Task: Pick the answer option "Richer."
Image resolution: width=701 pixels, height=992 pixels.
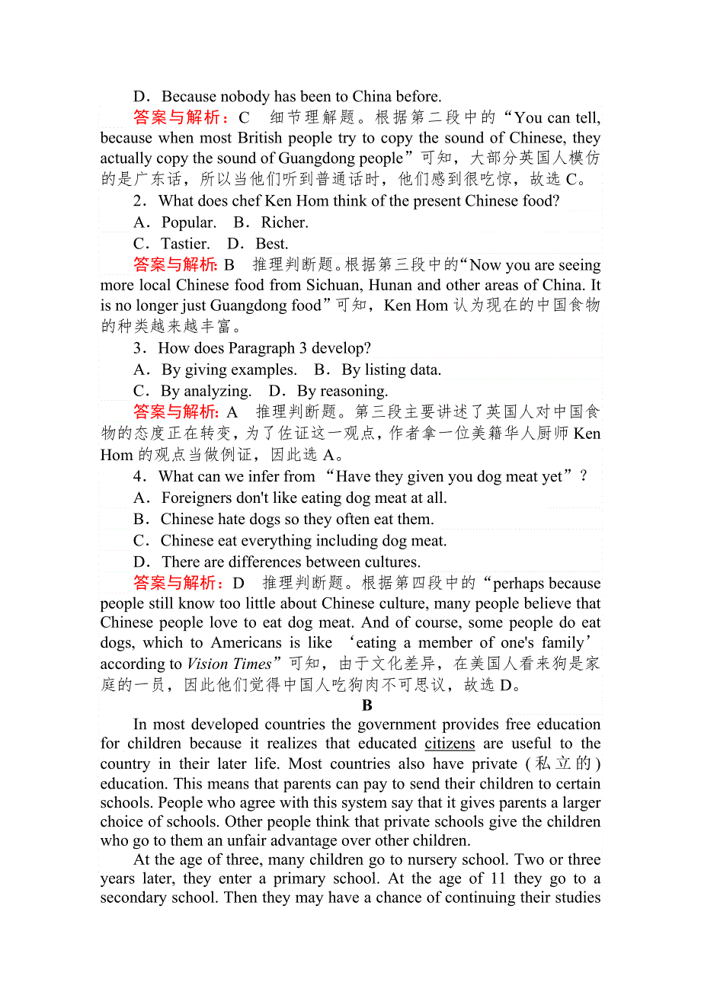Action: click(284, 222)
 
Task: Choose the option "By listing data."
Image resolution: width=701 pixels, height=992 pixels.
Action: click(391, 370)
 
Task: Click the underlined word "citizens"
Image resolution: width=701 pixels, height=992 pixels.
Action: click(450, 744)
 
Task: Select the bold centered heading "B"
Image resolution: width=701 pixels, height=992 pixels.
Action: click(367, 706)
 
